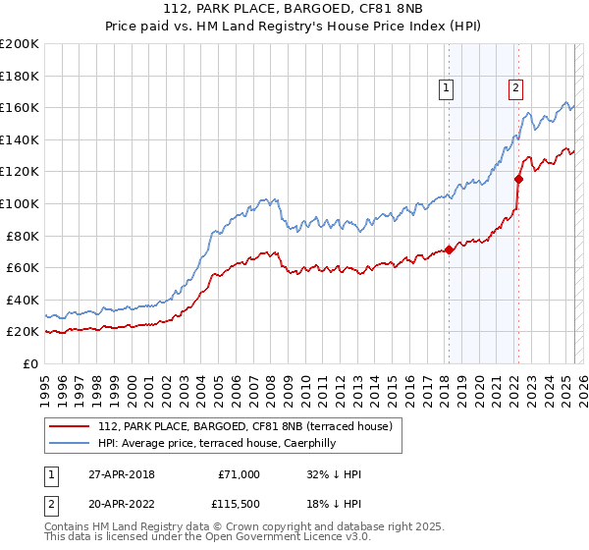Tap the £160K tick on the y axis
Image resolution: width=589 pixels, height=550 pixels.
[x=20, y=107]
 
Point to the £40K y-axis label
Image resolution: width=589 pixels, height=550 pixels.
[x=23, y=300]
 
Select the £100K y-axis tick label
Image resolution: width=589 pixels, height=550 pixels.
[x=20, y=203]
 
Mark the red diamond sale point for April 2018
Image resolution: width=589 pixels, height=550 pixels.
[x=449, y=249]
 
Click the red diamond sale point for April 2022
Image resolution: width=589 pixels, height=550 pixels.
[x=518, y=178]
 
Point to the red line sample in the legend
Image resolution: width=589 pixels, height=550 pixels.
[x=71, y=426]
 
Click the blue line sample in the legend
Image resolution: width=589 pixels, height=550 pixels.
[x=71, y=443]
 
